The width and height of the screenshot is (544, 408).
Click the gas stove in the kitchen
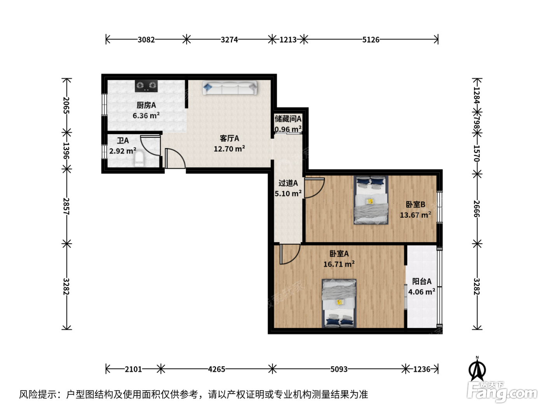(146, 86)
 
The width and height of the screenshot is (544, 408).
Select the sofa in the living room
(230, 88)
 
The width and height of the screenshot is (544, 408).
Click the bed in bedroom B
(371, 200)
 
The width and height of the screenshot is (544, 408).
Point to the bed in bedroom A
(339, 303)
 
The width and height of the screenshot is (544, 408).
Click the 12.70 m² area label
(230, 149)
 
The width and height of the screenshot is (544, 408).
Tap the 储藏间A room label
(288, 119)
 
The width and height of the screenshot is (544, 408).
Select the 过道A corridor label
(288, 183)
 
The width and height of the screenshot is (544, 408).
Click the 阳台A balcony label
(422, 281)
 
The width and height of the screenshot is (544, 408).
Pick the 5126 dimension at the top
(371, 40)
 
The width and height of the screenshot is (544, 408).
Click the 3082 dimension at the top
(146, 40)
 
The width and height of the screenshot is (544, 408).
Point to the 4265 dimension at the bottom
(216, 370)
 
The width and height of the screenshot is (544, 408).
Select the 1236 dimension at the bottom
(422, 370)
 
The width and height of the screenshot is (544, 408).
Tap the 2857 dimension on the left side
(66, 206)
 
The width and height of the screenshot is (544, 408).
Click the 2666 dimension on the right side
(477, 209)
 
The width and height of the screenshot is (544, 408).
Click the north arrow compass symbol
(477, 369)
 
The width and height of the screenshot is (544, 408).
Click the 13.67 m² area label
(415, 215)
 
